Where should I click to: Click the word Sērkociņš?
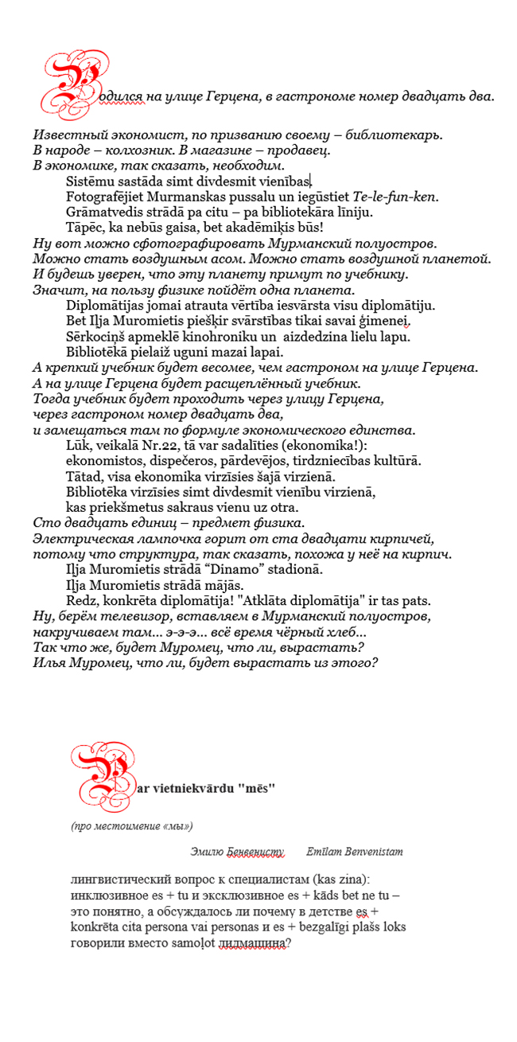point(97,336)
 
